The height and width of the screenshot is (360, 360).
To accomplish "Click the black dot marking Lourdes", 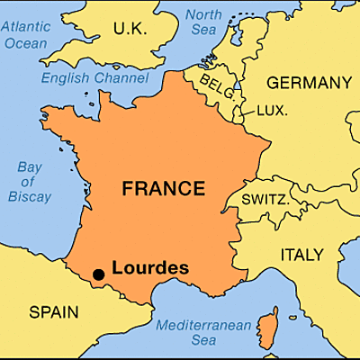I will click(98, 273).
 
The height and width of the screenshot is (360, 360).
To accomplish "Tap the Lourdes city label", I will click(150, 267).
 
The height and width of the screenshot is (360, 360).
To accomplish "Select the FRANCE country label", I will click(164, 189).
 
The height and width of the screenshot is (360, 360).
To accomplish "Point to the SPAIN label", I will click(53, 312).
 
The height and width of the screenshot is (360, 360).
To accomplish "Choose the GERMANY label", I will click(309, 83).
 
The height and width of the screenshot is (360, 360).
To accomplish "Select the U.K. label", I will click(130, 31).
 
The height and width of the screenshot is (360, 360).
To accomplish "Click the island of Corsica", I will click(266, 328).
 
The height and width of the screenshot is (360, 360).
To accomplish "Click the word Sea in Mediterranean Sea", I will click(203, 340).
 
